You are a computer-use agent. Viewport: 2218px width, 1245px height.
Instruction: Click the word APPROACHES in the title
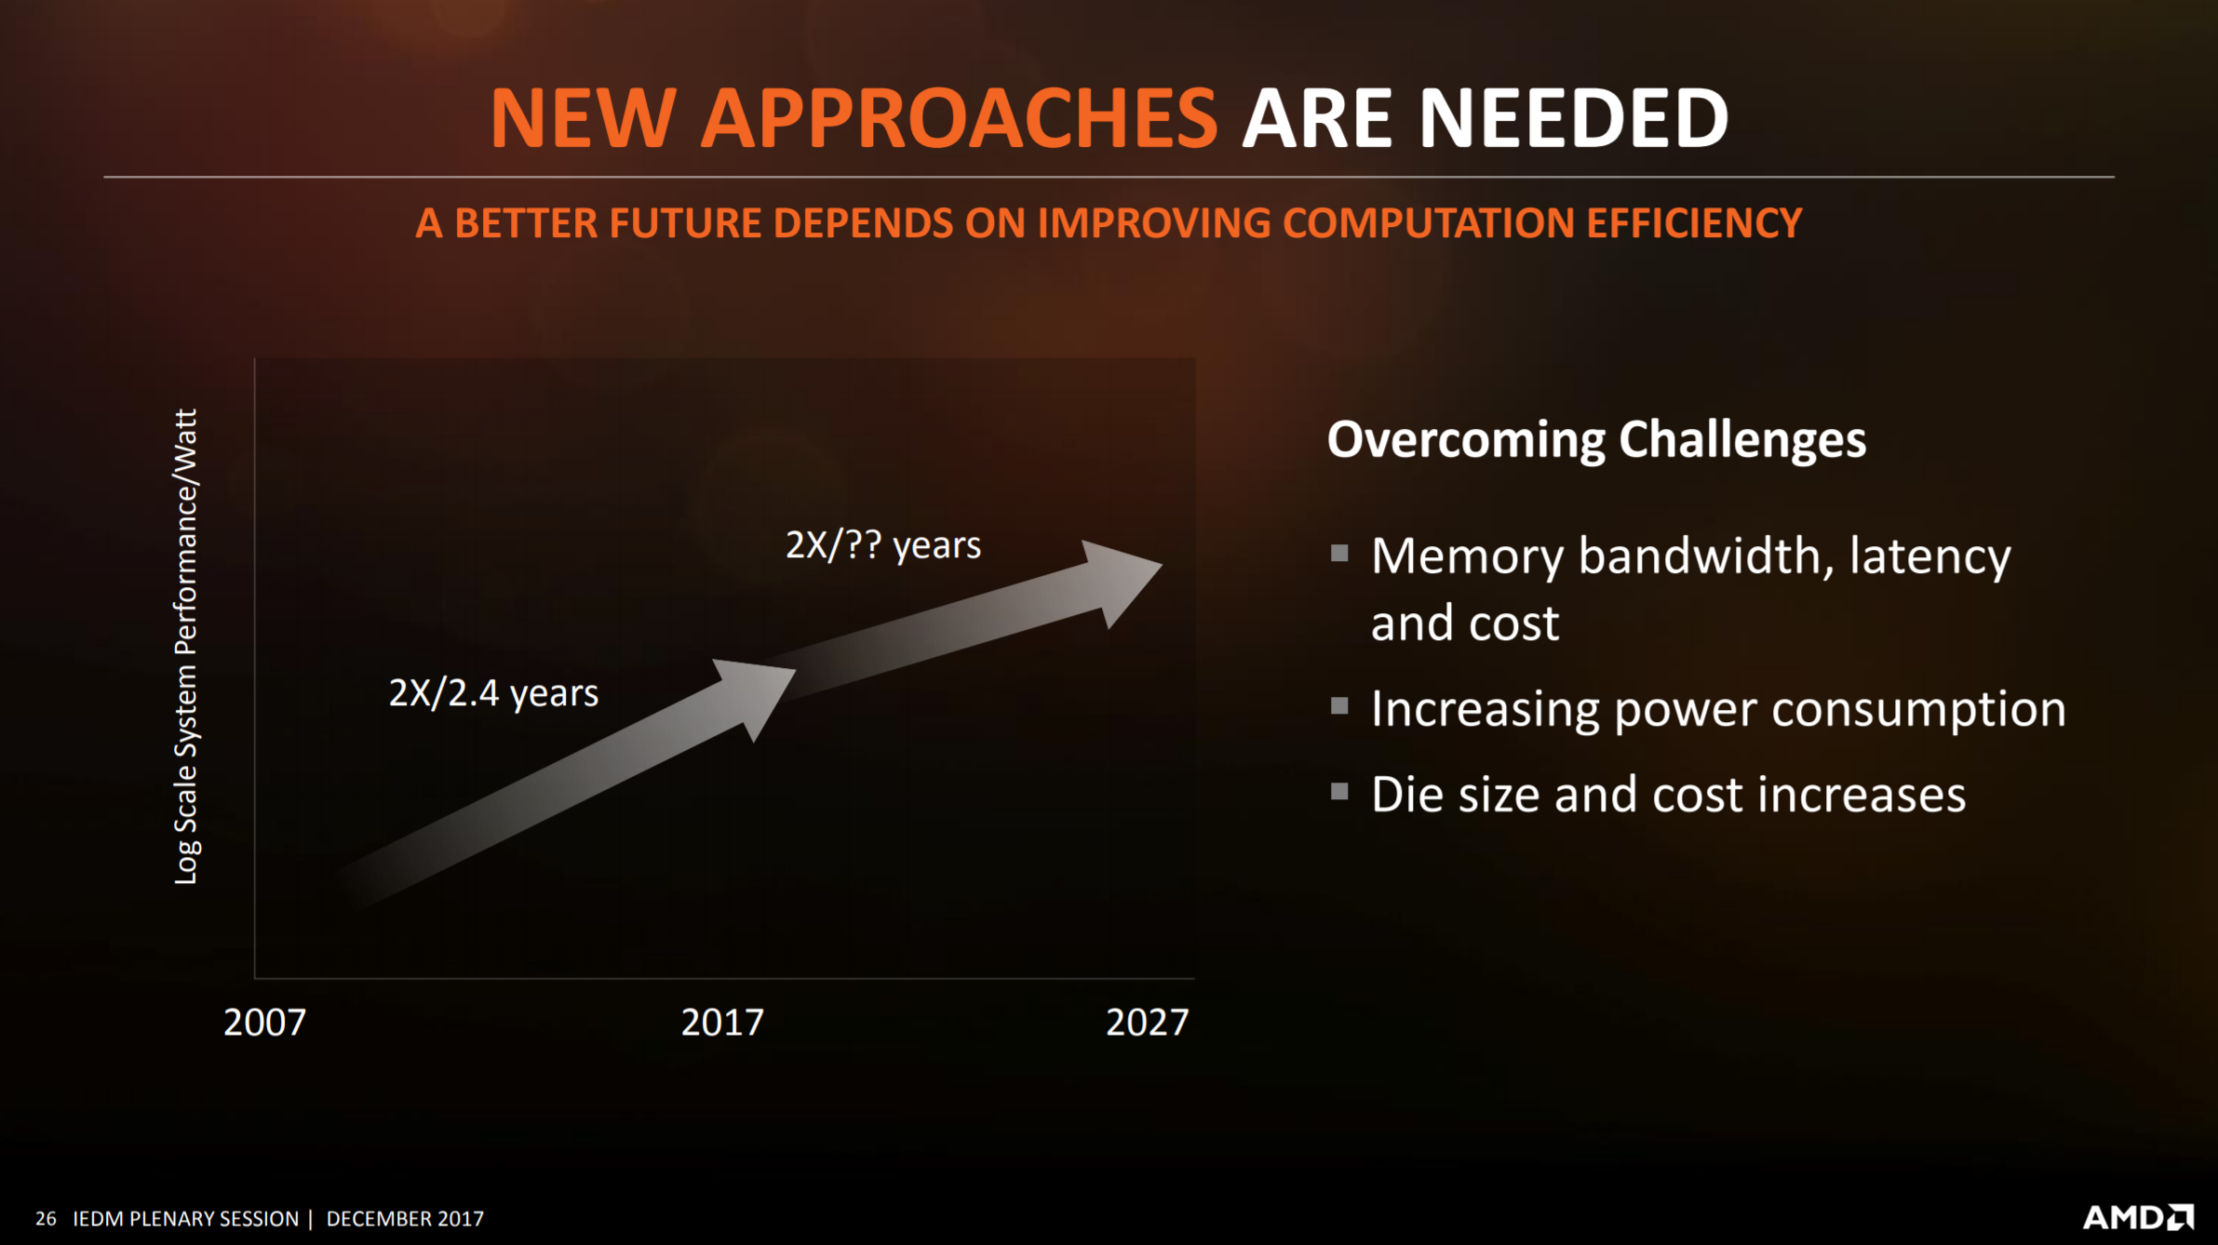point(959,118)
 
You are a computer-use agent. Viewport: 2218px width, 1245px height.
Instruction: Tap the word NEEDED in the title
point(1574,118)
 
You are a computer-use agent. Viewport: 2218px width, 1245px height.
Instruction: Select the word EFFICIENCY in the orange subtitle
point(1694,223)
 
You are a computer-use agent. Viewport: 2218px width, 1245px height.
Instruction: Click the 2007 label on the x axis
point(264,1023)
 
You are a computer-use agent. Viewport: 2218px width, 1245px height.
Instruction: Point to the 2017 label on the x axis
point(722,1023)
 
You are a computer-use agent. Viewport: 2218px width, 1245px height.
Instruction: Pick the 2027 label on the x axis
point(1147,1023)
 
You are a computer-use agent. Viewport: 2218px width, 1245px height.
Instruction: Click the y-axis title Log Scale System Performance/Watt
point(186,647)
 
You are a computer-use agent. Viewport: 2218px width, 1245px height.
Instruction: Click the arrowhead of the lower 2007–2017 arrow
point(756,696)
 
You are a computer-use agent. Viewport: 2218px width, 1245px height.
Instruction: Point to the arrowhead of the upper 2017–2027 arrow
point(1120,582)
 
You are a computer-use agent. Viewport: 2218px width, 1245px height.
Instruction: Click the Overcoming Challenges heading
point(1596,440)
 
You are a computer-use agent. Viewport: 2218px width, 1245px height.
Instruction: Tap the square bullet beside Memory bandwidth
point(1339,554)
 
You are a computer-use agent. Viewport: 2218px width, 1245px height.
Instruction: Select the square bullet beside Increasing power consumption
point(1339,706)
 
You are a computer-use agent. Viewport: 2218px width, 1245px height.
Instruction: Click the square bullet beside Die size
point(1339,792)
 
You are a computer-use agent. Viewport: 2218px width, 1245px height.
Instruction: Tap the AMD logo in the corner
point(2138,1217)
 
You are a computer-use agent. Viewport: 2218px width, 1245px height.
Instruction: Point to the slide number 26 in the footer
point(46,1219)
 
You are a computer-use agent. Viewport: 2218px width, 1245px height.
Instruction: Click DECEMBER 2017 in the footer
point(405,1219)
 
